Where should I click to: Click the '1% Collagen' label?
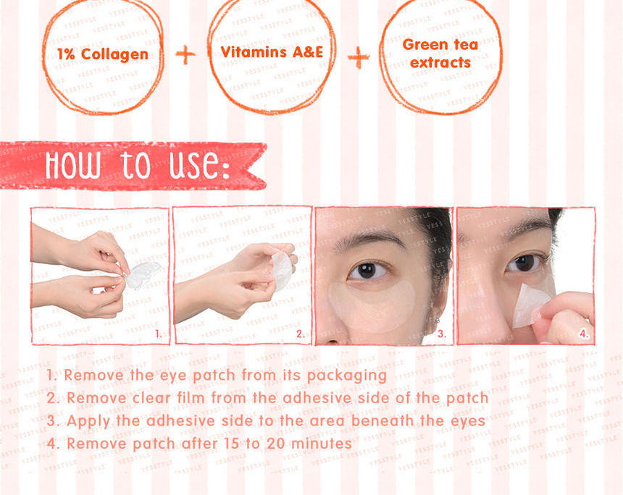[x=102, y=55]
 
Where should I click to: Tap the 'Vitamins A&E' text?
[x=272, y=52]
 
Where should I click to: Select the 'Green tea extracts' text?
[x=440, y=54]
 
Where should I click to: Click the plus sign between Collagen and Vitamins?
[x=186, y=55]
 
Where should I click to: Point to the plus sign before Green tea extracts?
[x=358, y=58]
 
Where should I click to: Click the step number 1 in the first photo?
[x=159, y=334]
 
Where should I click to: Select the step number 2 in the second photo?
[x=301, y=334]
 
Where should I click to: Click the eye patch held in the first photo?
[x=143, y=275]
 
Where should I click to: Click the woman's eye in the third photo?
[x=368, y=270]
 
